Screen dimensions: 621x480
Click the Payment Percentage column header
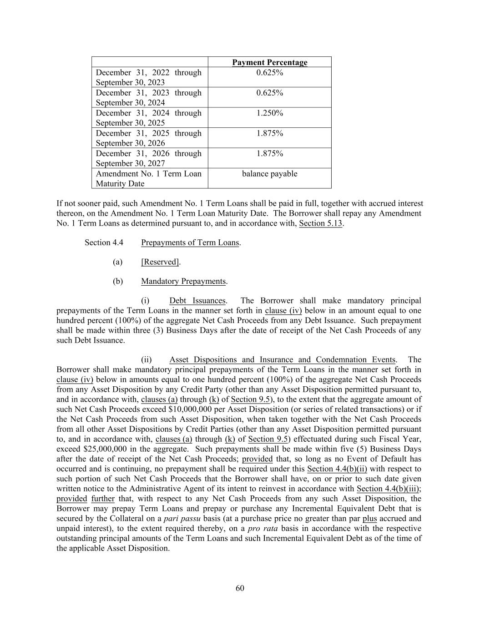click(x=269, y=62)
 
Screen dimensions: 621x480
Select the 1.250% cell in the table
click(x=269, y=113)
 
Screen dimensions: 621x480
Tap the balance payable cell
click(x=269, y=174)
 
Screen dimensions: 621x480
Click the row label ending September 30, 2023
click(x=148, y=77)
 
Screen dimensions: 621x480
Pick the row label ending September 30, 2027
click(x=148, y=158)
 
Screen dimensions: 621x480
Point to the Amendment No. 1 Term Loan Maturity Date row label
click(x=148, y=178)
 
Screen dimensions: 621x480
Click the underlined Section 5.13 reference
click(x=320, y=223)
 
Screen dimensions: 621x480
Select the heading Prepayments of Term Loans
click(x=190, y=242)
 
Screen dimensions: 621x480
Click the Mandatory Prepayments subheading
click(x=183, y=281)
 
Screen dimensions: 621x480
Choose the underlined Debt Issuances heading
click(x=197, y=301)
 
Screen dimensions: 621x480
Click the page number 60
click(x=240, y=588)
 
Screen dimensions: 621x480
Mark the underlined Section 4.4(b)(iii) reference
click(x=389, y=489)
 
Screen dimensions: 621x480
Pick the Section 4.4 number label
click(x=104, y=242)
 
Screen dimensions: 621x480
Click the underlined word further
click(x=103, y=499)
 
